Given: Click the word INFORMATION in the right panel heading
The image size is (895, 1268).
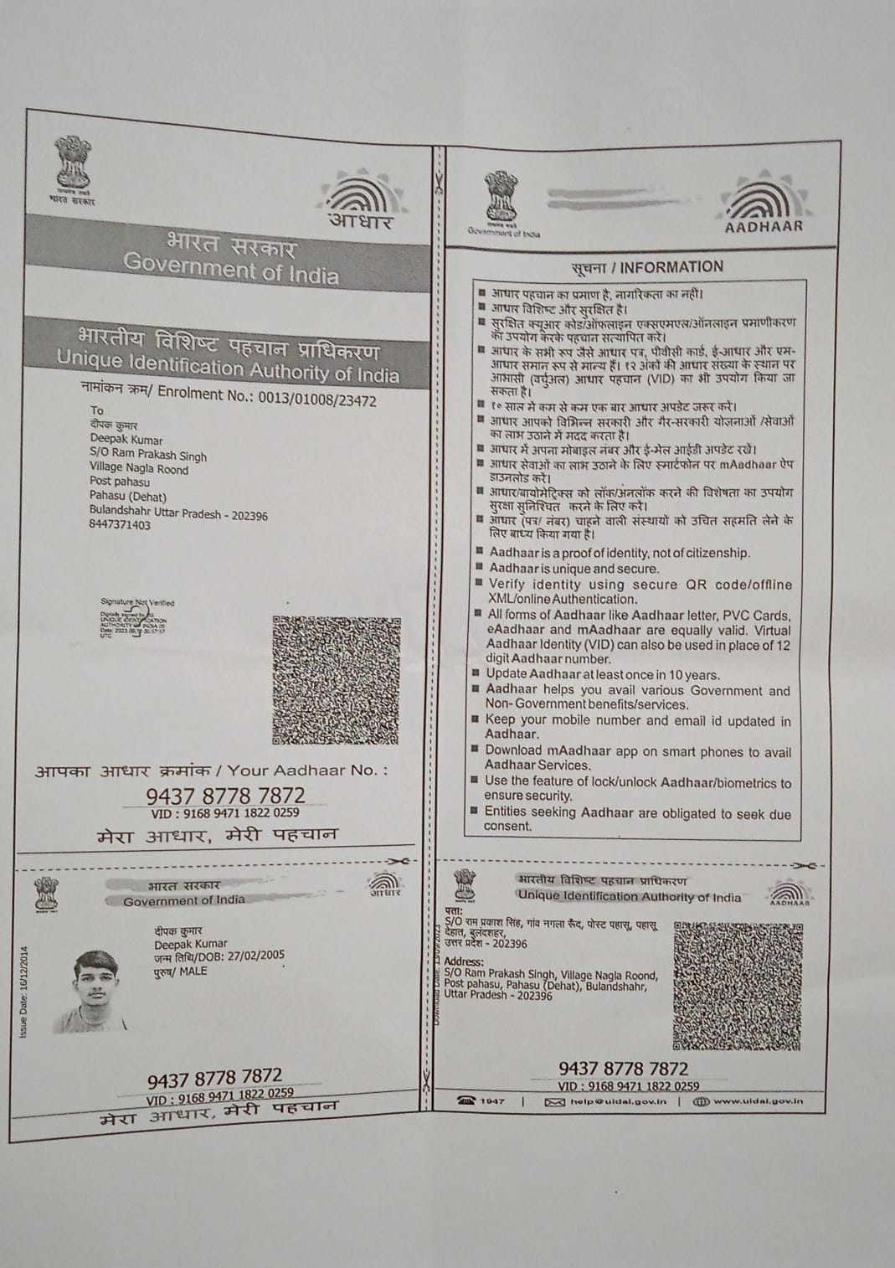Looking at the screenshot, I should pos(671,267).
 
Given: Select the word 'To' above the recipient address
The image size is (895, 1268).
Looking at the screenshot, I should pos(97,410).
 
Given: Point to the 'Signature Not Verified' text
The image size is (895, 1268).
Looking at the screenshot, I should pos(137,602).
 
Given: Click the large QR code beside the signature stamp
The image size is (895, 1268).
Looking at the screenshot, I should pos(336,679).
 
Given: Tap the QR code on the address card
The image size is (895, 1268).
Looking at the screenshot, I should pos(737,985).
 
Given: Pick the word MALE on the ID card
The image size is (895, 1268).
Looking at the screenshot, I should pos(193,972).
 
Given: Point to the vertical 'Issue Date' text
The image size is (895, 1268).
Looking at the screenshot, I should pos(23,992).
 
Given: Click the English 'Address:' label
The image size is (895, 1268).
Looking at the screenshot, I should pos(464,961).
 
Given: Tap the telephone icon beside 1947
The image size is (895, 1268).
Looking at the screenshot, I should pos(466,1101).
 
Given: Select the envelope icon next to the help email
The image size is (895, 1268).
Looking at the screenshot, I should pos(554,1102).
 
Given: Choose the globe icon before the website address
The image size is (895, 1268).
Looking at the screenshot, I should pos(702,1101).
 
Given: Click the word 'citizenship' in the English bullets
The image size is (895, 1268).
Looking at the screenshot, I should pos(717,553).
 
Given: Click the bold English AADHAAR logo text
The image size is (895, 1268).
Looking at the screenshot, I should pos(764,225).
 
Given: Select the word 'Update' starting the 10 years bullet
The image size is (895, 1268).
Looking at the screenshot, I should pos(506,674).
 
